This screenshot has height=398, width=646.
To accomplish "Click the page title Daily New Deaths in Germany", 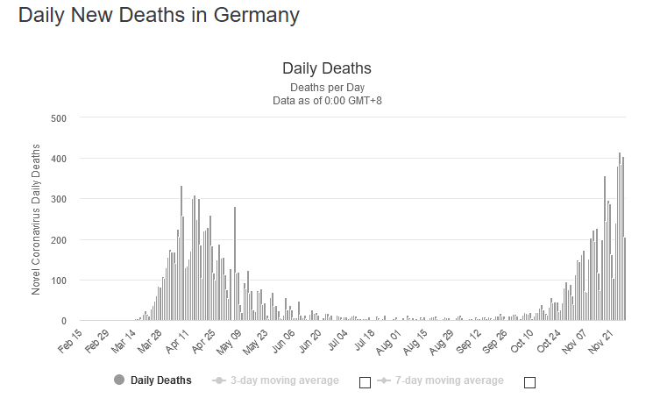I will pyautogui.click(x=159, y=16).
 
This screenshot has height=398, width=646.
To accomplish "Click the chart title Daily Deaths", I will pyautogui.click(x=327, y=68).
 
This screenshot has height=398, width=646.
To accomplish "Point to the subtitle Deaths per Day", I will pyautogui.click(x=327, y=87).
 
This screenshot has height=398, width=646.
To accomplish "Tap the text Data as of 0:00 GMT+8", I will pyautogui.click(x=327, y=100).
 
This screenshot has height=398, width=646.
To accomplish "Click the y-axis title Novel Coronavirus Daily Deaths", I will pyautogui.click(x=36, y=219).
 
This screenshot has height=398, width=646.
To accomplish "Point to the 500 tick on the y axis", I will pyautogui.click(x=59, y=117).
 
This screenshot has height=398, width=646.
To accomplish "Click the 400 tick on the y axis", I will pyautogui.click(x=59, y=159).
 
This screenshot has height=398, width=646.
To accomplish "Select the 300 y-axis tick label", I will pyautogui.click(x=59, y=199).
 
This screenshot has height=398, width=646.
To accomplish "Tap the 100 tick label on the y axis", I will pyautogui.click(x=59, y=281).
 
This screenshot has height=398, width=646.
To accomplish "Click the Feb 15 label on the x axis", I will pyautogui.click(x=70, y=340).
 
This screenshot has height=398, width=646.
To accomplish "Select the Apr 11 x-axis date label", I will pyautogui.click(x=179, y=340).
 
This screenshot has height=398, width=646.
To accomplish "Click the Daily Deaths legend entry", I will pyautogui.click(x=161, y=380).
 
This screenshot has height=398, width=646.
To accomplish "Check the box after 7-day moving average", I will pyautogui.click(x=529, y=382).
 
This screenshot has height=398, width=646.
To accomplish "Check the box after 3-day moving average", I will pyautogui.click(x=366, y=382).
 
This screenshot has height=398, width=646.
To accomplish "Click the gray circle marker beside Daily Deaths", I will pyautogui.click(x=119, y=380).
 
